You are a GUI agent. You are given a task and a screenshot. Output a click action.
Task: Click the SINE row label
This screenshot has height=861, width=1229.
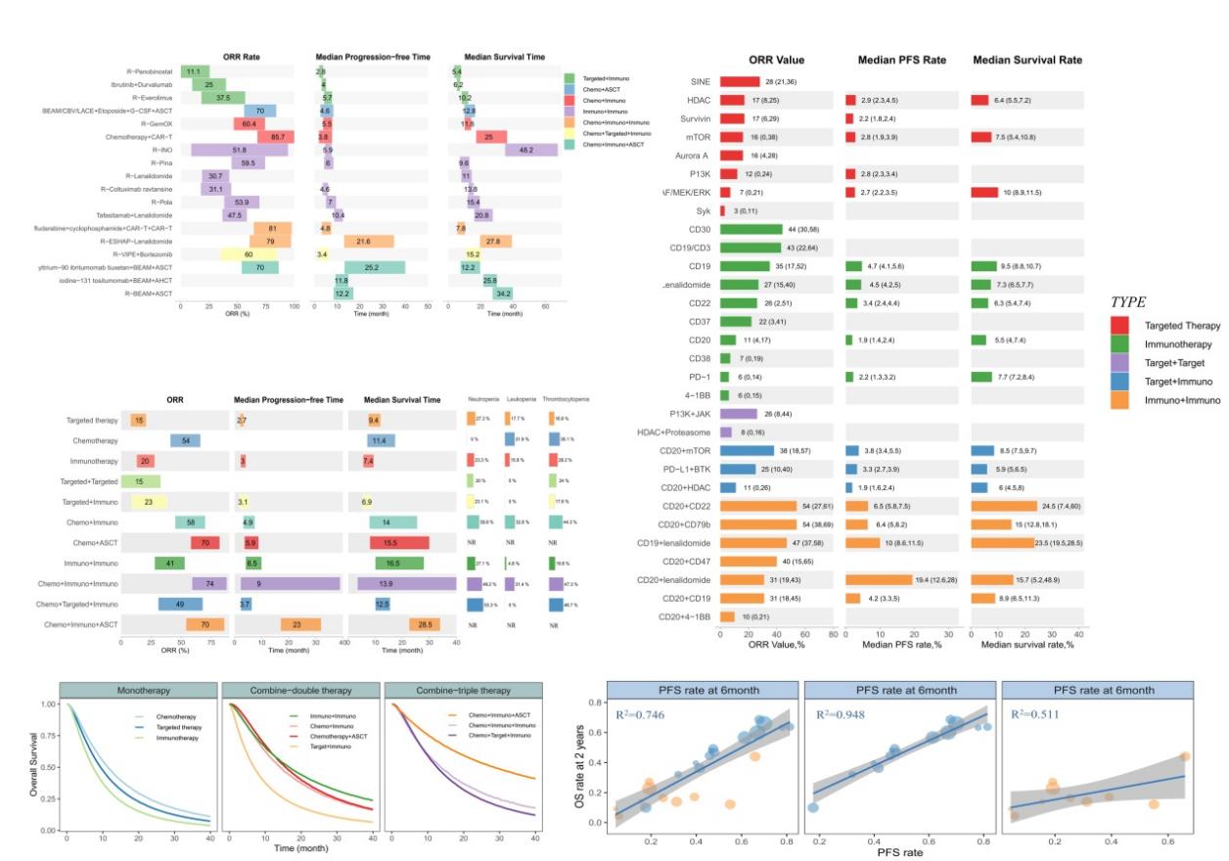click(699, 82)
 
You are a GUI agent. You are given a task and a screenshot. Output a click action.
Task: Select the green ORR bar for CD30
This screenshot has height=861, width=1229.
click(751, 230)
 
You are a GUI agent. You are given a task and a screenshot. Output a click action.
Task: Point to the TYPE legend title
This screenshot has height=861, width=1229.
click(1131, 301)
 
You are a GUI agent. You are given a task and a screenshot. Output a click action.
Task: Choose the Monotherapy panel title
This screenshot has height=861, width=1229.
click(137, 688)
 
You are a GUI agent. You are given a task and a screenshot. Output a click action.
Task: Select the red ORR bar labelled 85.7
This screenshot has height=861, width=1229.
click(276, 137)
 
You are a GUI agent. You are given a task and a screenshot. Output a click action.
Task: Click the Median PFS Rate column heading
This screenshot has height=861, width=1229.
click(901, 60)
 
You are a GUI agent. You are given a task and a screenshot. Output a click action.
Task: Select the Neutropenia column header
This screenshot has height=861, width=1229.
click(483, 400)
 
